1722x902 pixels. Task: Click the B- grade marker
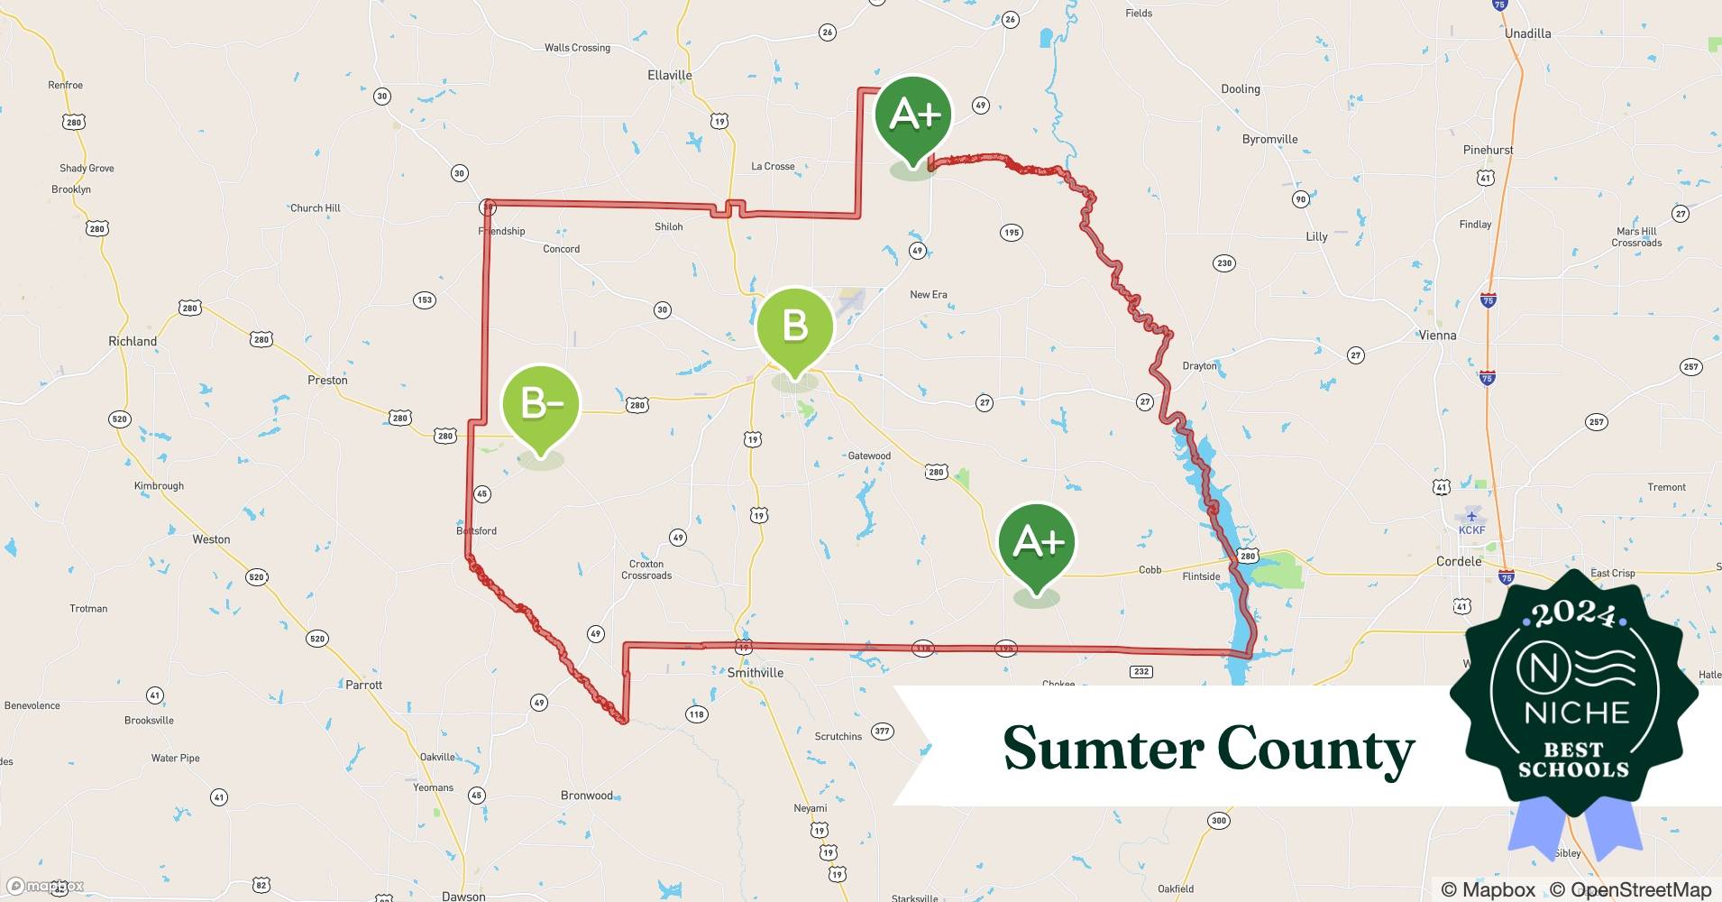click(540, 405)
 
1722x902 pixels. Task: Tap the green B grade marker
click(794, 327)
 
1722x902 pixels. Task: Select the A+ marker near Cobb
click(1037, 542)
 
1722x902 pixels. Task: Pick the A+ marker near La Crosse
click(913, 115)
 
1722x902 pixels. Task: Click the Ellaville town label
click(670, 76)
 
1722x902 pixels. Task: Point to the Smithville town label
click(756, 673)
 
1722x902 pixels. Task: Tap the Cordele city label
click(1459, 561)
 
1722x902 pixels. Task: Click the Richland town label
click(133, 341)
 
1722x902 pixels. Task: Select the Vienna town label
click(1438, 336)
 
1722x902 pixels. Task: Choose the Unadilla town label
click(1528, 33)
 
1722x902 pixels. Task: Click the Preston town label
click(327, 380)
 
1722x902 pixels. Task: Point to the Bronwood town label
click(587, 796)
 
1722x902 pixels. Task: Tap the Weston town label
click(211, 539)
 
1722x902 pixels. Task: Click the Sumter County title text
click(1208, 749)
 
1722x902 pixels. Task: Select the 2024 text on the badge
click(1574, 615)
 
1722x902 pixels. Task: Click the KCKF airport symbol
click(1471, 516)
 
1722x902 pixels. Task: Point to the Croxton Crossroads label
click(646, 569)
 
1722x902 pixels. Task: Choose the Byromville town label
click(1269, 139)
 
